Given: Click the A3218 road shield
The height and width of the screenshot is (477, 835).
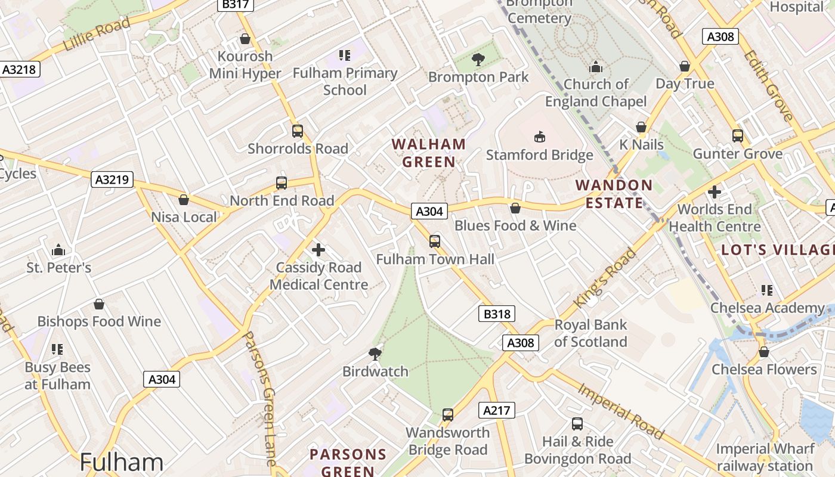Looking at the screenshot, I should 19,69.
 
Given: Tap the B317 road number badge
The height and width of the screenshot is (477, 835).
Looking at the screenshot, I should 235,5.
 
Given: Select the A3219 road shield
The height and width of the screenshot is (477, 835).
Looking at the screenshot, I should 112,179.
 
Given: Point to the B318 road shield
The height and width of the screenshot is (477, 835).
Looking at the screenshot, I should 496,314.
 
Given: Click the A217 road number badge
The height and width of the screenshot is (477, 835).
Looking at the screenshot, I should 496,410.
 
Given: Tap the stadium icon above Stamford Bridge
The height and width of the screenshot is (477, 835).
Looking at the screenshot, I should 540,137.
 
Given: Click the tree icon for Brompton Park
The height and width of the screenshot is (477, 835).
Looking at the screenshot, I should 478,59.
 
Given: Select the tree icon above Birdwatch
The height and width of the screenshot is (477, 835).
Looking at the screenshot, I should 375,354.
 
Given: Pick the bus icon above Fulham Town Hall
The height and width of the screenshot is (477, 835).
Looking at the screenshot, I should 435,241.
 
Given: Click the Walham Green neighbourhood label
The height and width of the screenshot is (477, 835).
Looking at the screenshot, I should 429,153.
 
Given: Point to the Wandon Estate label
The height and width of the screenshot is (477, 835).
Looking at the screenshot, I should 614,194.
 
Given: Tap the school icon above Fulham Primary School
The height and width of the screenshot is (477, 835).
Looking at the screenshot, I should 345,55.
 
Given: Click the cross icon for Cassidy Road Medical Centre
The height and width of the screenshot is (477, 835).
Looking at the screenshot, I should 319,250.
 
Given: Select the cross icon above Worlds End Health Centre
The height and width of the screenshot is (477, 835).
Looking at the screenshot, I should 715,192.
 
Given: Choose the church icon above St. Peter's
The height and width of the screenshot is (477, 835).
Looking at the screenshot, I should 58,249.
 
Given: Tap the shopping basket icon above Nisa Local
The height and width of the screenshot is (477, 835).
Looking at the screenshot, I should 184,200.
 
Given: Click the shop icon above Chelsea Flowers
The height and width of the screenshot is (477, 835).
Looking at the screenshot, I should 763,352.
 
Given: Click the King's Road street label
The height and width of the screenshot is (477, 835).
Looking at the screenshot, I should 605,278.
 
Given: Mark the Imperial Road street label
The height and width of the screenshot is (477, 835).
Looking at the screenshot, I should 620,411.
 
